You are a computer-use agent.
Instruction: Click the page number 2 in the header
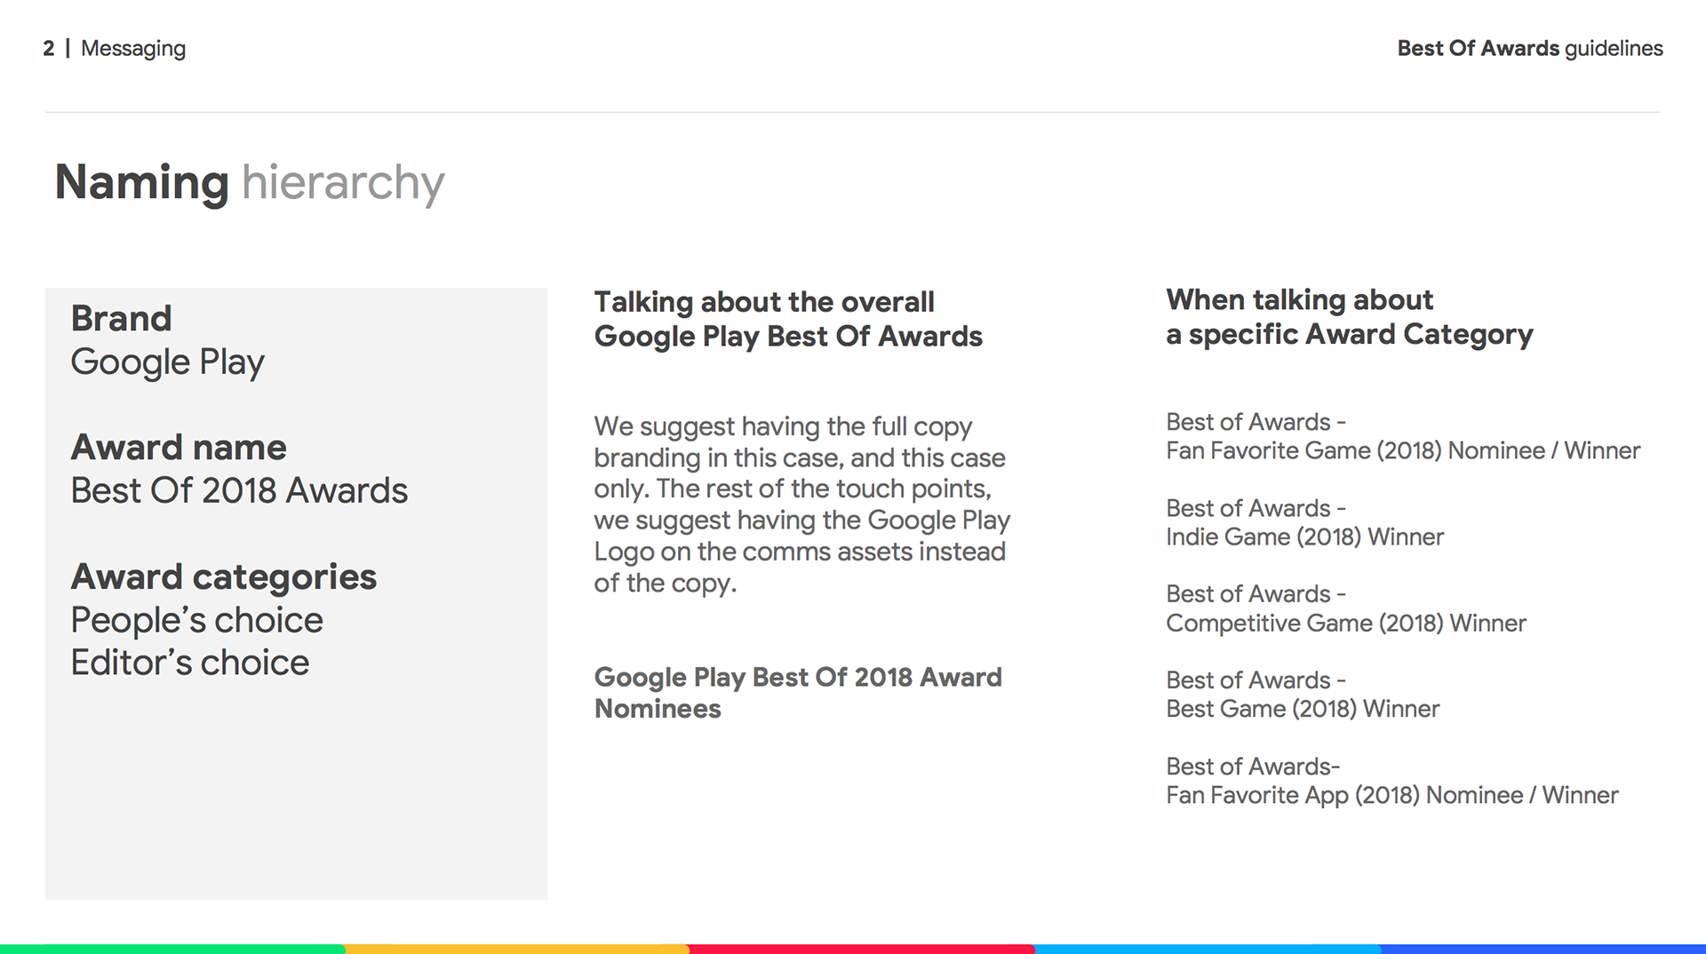[49, 48]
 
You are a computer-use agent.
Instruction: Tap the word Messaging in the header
[133, 50]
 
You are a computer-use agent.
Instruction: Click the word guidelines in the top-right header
[1614, 49]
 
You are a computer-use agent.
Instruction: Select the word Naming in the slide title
[142, 184]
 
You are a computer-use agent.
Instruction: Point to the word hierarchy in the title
[343, 184]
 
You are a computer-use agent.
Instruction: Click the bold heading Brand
[122, 318]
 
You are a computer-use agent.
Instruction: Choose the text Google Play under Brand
[168, 362]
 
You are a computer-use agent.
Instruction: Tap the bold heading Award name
[179, 447]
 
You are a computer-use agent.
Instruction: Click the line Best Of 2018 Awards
[239, 490]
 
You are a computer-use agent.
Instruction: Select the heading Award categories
[224, 577]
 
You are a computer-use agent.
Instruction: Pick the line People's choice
[197, 620]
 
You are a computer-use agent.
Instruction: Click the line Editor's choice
[190, 663]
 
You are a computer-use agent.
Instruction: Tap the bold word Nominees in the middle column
[658, 709]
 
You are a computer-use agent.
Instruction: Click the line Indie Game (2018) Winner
[1305, 537]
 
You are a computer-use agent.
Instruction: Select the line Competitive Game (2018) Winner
[1346, 624]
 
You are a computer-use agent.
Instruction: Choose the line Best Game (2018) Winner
[1303, 709]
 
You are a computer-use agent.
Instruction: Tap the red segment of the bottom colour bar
[862, 950]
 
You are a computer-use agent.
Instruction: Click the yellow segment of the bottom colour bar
[517, 950]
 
